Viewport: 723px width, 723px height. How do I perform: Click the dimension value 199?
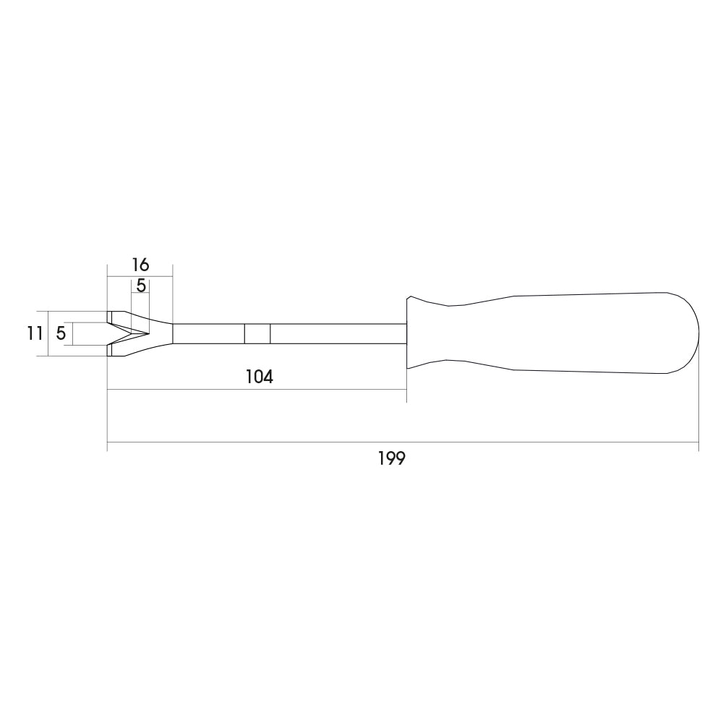391,458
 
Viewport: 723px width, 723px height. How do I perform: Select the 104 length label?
259,377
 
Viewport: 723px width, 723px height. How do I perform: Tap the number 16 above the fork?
141,265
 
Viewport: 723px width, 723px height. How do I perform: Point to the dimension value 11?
35,333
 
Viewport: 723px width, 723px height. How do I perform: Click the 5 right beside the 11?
61,333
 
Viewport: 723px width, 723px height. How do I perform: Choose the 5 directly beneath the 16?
141,286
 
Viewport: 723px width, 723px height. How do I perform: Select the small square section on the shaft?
257,333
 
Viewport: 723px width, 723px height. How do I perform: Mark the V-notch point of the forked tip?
149,333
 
